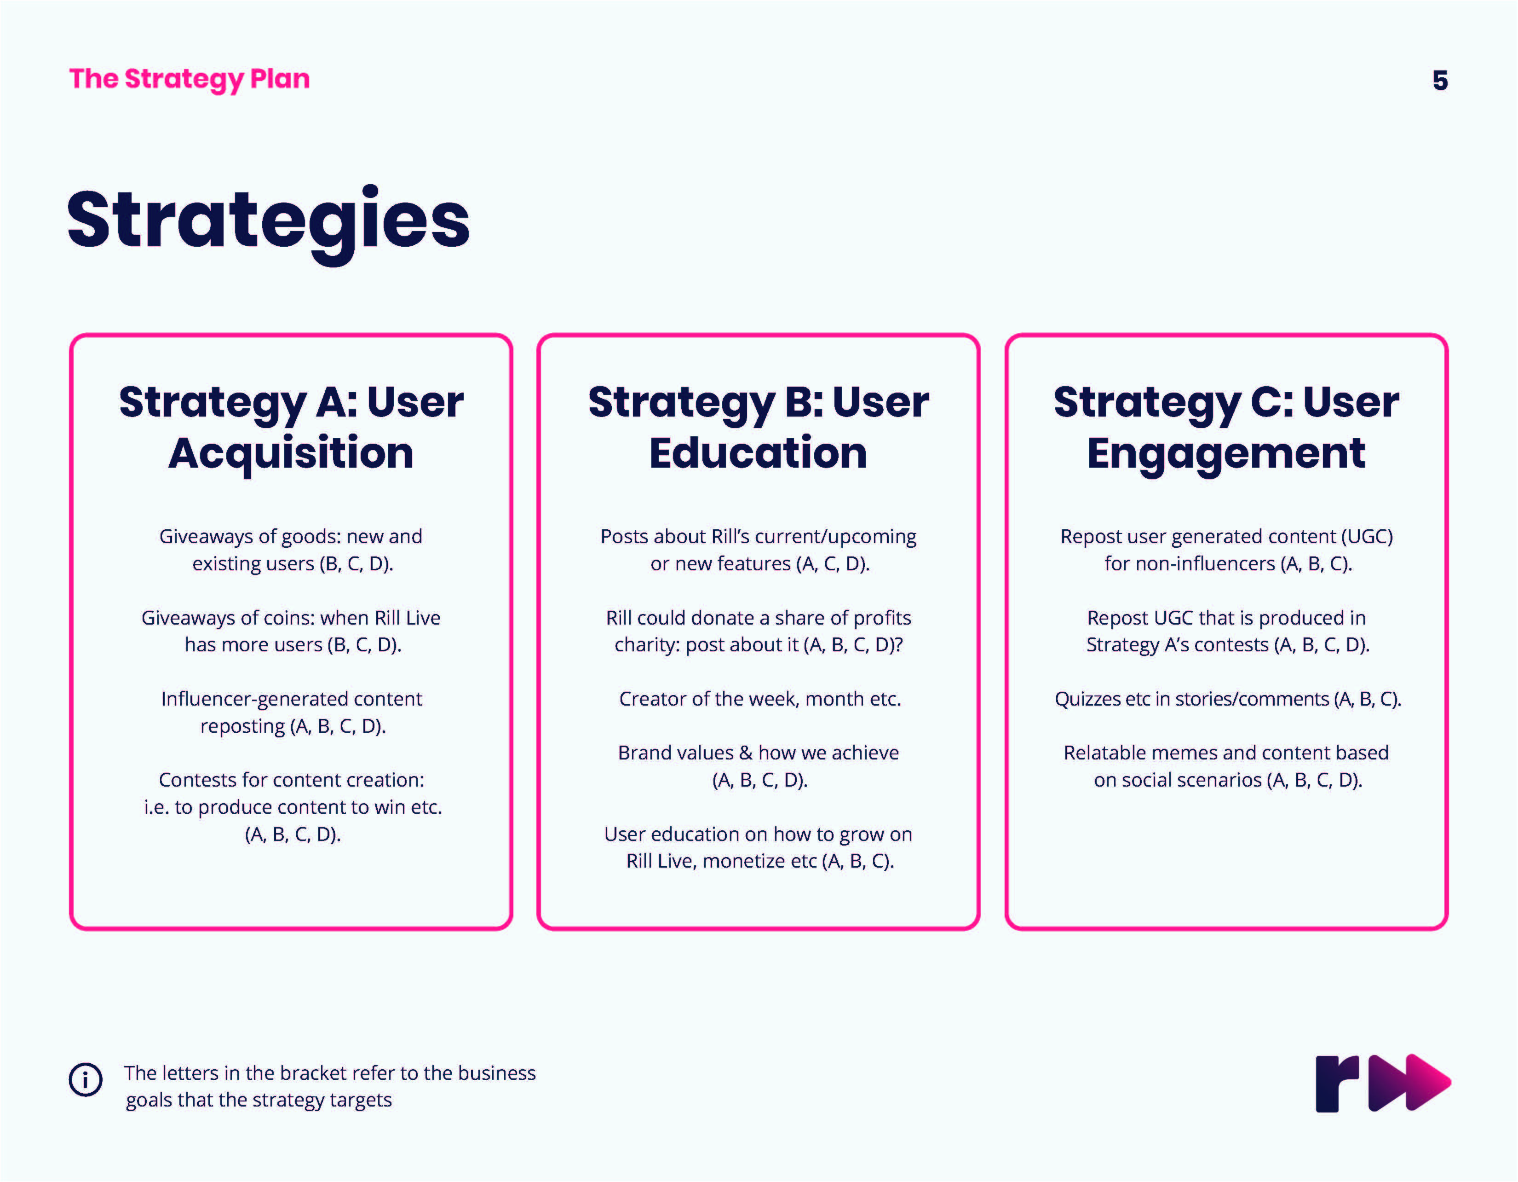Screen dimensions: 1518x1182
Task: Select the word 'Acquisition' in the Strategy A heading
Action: point(291,453)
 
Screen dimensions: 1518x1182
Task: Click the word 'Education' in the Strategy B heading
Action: point(758,453)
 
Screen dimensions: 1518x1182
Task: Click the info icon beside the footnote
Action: point(86,1080)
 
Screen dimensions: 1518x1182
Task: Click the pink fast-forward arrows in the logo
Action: point(1409,1083)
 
